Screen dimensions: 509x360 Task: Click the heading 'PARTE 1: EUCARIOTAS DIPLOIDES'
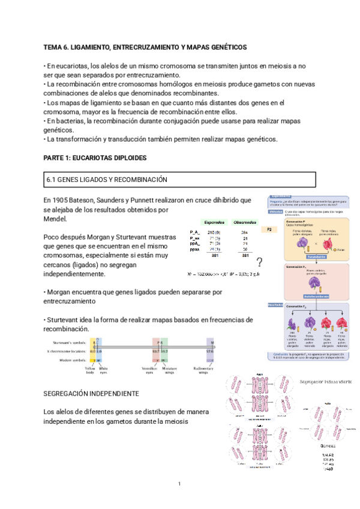click(x=95, y=157)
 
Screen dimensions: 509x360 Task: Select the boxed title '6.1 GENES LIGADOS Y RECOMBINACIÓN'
click(x=106, y=180)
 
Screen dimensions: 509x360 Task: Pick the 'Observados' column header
click(x=244, y=222)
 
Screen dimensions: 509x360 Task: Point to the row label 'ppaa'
click(x=194, y=249)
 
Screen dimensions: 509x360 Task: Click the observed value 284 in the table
click(x=244, y=232)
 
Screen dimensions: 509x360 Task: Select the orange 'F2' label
click(x=269, y=230)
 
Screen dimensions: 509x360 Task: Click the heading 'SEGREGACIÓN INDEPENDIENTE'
click(x=91, y=393)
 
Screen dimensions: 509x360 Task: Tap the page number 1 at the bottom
click(x=179, y=484)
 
